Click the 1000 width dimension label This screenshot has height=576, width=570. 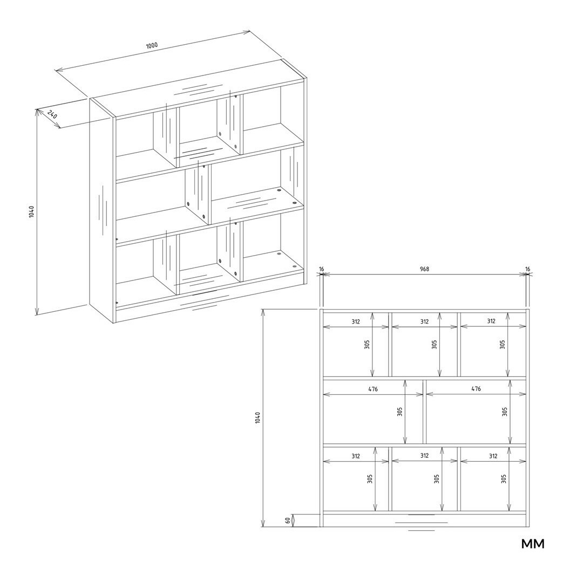pos(152,45)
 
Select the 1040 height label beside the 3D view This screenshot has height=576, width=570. pos(31,211)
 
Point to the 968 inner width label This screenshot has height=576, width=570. pos(424,269)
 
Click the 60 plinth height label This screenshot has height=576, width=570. pos(288,520)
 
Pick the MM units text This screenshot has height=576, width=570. pos(533,544)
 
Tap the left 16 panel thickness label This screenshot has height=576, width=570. pos(321,269)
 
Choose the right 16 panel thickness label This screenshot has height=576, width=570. pos(528,269)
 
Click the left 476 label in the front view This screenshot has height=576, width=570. pos(373,389)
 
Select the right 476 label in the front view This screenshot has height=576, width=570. pos(476,389)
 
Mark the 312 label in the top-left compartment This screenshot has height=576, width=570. pos(355,321)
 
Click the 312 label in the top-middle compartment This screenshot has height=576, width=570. pos(424,321)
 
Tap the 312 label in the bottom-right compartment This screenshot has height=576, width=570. pos(493,456)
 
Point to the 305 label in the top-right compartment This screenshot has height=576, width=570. pos(503,344)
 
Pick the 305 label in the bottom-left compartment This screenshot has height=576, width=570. pos(370,479)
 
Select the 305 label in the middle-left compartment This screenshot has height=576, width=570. pos(400,412)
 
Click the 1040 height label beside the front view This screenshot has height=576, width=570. pos(257,417)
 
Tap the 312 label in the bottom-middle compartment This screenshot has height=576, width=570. pos(424,456)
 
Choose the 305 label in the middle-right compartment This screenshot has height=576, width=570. pos(505,412)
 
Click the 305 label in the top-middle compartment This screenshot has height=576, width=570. pos(435,344)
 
